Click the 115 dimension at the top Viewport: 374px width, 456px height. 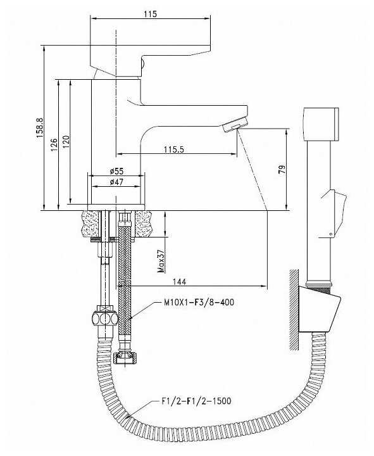pos(150,14)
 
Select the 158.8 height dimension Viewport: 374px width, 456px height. pos(40,128)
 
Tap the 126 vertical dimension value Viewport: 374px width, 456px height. pos(54,144)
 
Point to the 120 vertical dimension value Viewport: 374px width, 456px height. pos(66,142)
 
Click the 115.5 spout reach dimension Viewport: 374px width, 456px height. pos(174,149)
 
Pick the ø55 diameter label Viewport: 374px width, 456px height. pos(117,171)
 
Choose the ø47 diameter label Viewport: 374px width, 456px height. pos(117,182)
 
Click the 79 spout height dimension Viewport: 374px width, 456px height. pos(282,169)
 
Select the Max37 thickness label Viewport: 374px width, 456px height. pos(161,261)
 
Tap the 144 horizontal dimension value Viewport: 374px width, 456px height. pos(180,281)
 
